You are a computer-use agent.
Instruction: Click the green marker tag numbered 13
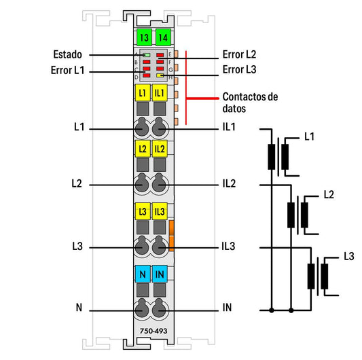(144, 37)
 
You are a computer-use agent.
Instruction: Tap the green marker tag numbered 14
(163, 37)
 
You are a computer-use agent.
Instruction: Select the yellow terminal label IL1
(160, 93)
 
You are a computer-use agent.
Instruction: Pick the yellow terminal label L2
(143, 149)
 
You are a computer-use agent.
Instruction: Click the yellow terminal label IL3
(160, 211)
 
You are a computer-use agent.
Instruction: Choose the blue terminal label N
(143, 274)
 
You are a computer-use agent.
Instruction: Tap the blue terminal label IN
(160, 274)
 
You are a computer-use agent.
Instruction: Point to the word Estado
(68, 54)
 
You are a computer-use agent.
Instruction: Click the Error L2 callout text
(239, 54)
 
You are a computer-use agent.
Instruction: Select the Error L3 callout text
(239, 69)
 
